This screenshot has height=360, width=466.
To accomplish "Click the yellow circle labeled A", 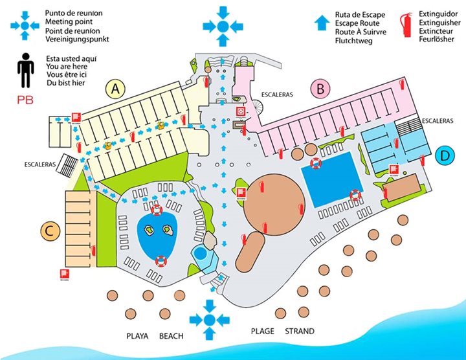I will pos(116,89).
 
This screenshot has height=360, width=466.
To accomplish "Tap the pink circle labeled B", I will pos(320,88).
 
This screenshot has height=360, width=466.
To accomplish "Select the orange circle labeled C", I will pos(50,229).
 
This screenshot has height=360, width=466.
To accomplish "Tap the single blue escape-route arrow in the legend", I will pos(320,24).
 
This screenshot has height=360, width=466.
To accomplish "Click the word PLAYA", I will pos(137,336).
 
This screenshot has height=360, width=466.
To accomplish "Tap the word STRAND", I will pos(300,332).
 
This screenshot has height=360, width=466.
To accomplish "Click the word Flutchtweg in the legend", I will pos(354,41).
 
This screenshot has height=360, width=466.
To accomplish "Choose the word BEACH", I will pos(171,336).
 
